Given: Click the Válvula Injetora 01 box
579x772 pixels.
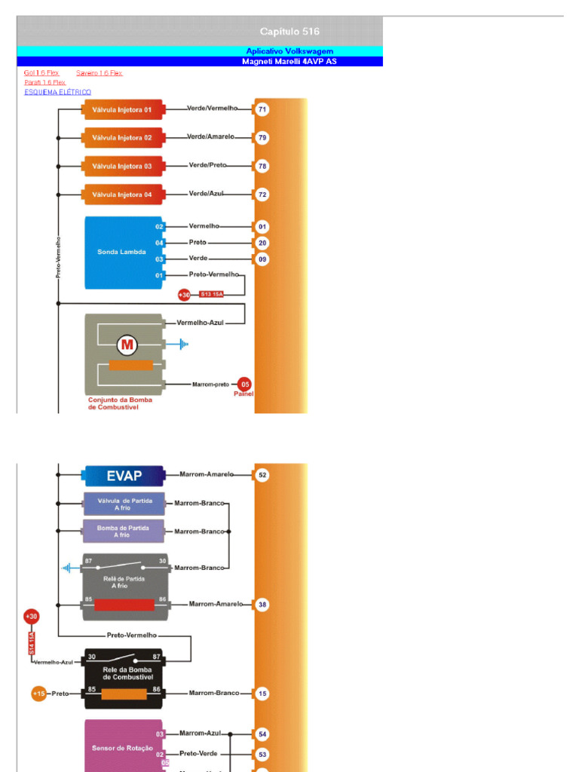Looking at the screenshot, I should coord(121,109).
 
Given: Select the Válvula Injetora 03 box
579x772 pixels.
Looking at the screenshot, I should coord(121,166).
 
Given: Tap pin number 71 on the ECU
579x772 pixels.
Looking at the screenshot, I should coord(262,109).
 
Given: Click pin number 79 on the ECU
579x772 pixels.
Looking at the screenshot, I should coord(262,138).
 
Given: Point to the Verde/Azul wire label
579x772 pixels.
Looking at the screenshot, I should coord(207,194).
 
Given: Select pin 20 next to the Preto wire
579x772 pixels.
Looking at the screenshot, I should coord(262,243).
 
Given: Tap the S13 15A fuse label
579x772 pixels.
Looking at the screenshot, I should coord(211,294).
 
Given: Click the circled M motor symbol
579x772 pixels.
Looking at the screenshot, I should coord(127,345).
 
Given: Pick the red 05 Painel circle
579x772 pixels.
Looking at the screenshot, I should coord(244,383).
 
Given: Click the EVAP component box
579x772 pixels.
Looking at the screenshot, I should coord(124,476).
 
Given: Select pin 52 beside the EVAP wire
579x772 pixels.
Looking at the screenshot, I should coord(262,475).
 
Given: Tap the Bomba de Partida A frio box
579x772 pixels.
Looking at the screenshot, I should coord(123,532).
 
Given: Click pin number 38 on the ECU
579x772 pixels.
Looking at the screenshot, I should coord(262,605).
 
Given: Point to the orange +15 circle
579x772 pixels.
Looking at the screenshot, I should coord(38,693).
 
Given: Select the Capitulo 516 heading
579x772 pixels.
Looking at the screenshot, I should coord(289,32).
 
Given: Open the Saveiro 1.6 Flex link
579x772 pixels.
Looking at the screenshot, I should coord(100,73).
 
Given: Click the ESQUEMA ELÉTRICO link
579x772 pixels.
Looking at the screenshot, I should coord(58,92).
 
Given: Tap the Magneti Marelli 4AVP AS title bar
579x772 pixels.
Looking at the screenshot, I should coord(289,61).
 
